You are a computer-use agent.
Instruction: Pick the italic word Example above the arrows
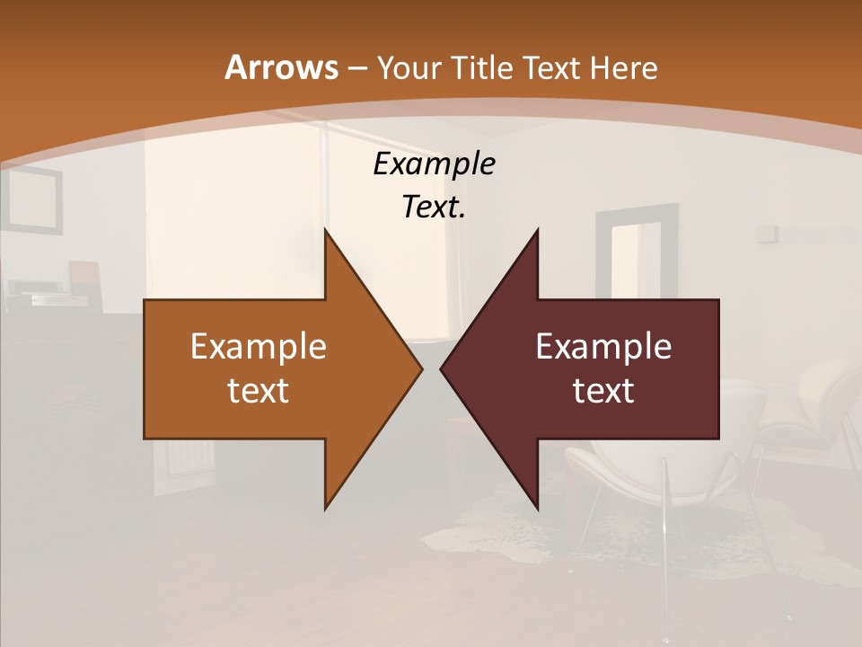434,164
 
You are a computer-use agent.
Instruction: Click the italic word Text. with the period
434,207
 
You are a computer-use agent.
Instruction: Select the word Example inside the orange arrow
259,346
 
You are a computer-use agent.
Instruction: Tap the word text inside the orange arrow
259,390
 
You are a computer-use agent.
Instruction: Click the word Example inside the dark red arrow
603,346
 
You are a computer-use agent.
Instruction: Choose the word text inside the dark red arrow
603,390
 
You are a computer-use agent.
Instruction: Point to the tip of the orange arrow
421,368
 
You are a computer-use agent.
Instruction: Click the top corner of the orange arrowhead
325,230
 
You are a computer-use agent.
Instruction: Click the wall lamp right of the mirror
767,233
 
